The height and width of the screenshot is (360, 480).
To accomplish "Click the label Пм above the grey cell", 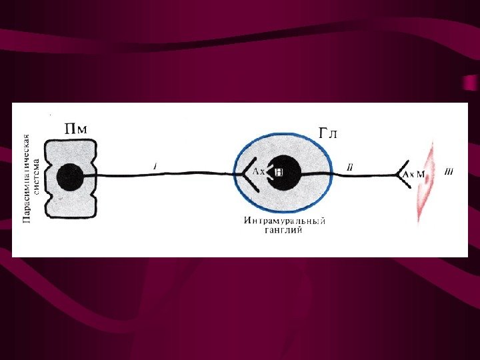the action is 75,127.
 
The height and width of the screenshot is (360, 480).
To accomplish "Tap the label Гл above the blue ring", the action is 328,134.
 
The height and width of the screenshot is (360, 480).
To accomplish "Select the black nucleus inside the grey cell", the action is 70,178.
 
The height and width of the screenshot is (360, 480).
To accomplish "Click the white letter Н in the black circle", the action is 280,172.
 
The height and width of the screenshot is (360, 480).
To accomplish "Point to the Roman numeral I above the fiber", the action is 155,166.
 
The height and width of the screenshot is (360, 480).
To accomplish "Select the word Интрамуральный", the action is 285,221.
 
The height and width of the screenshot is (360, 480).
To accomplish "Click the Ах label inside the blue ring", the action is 258,172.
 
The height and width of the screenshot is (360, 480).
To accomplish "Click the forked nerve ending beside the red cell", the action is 402,175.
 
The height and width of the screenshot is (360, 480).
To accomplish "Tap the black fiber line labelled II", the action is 360,175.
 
